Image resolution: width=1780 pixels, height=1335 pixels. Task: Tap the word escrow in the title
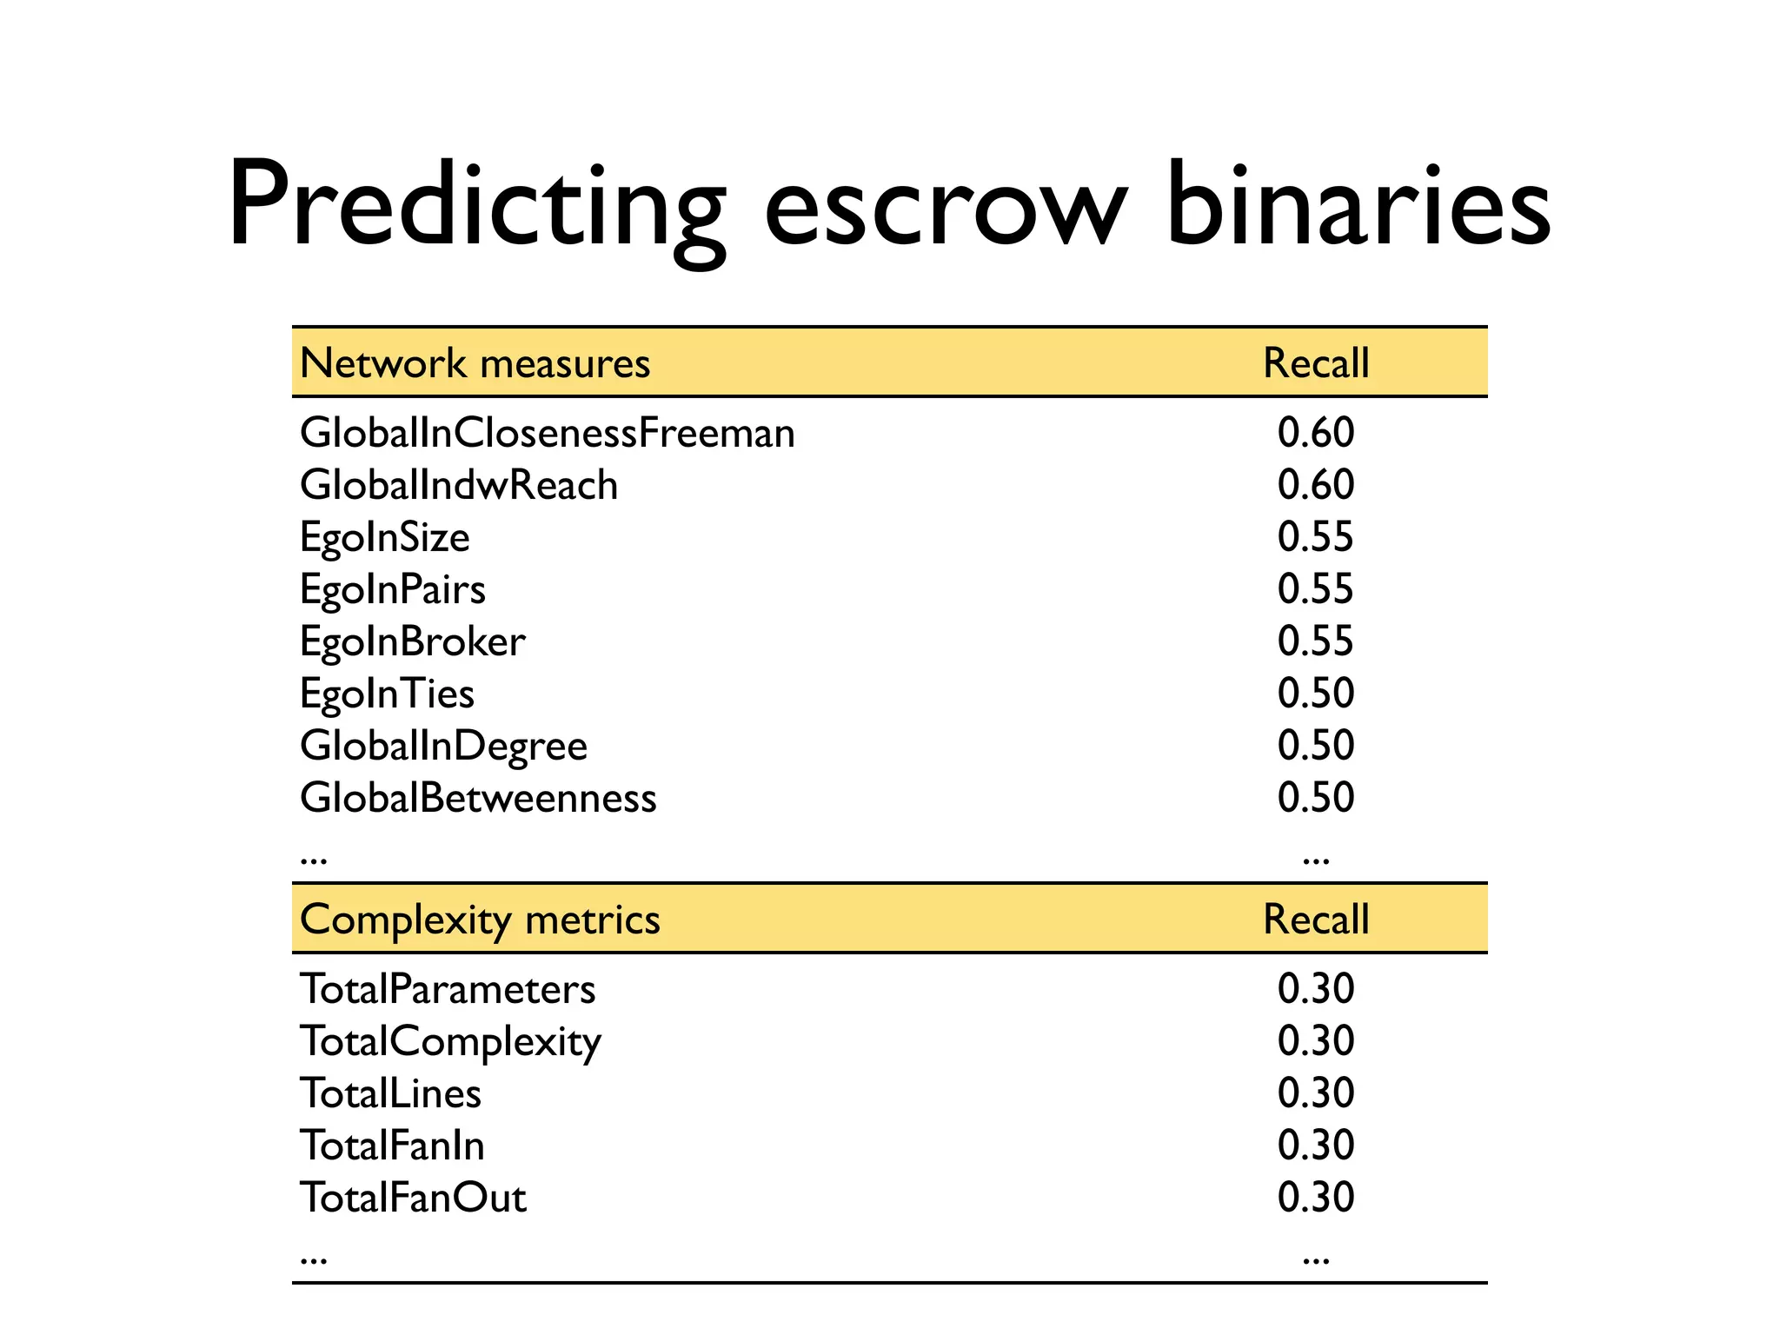tap(946, 213)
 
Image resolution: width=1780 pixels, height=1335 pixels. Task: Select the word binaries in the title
tap(1358, 207)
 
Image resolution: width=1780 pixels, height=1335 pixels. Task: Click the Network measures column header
tap(475, 363)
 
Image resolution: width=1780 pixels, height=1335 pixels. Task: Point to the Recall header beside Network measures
tap(1316, 363)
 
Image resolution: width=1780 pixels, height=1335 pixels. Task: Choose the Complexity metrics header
tap(480, 920)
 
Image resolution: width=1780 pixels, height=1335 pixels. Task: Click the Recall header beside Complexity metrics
tap(1316, 920)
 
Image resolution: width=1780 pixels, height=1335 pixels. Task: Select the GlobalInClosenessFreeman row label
tap(548, 433)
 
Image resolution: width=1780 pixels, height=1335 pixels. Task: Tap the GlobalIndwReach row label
tap(459, 485)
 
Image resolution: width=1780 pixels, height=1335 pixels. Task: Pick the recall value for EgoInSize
tap(1316, 537)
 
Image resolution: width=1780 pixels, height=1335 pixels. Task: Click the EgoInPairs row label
tap(393, 590)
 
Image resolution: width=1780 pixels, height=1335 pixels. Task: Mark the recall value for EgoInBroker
tap(1316, 641)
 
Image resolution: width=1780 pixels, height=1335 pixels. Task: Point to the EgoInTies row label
tap(388, 694)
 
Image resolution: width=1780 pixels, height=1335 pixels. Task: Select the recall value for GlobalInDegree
tap(1316, 746)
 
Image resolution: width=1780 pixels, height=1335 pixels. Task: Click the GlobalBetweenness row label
tap(478, 798)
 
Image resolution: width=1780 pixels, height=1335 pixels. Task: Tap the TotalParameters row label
tap(448, 989)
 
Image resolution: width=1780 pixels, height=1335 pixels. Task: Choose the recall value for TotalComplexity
tap(1316, 1041)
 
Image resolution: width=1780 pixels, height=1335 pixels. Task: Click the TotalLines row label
tap(390, 1093)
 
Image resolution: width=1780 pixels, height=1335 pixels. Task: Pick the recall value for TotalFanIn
tap(1316, 1146)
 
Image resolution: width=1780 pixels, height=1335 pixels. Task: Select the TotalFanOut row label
tap(413, 1198)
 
